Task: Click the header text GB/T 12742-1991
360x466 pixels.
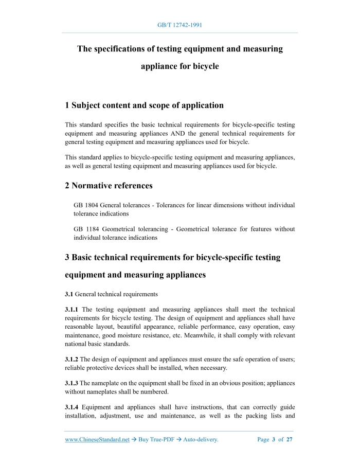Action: (x=179, y=25)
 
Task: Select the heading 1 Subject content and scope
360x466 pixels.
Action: (x=144, y=105)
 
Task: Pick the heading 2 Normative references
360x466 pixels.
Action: (x=109, y=185)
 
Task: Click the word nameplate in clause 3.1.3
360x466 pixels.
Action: (x=106, y=383)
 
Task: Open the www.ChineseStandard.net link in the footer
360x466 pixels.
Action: (x=97, y=440)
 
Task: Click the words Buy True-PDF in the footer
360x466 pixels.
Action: (x=156, y=440)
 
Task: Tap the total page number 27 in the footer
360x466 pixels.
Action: (x=290, y=440)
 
